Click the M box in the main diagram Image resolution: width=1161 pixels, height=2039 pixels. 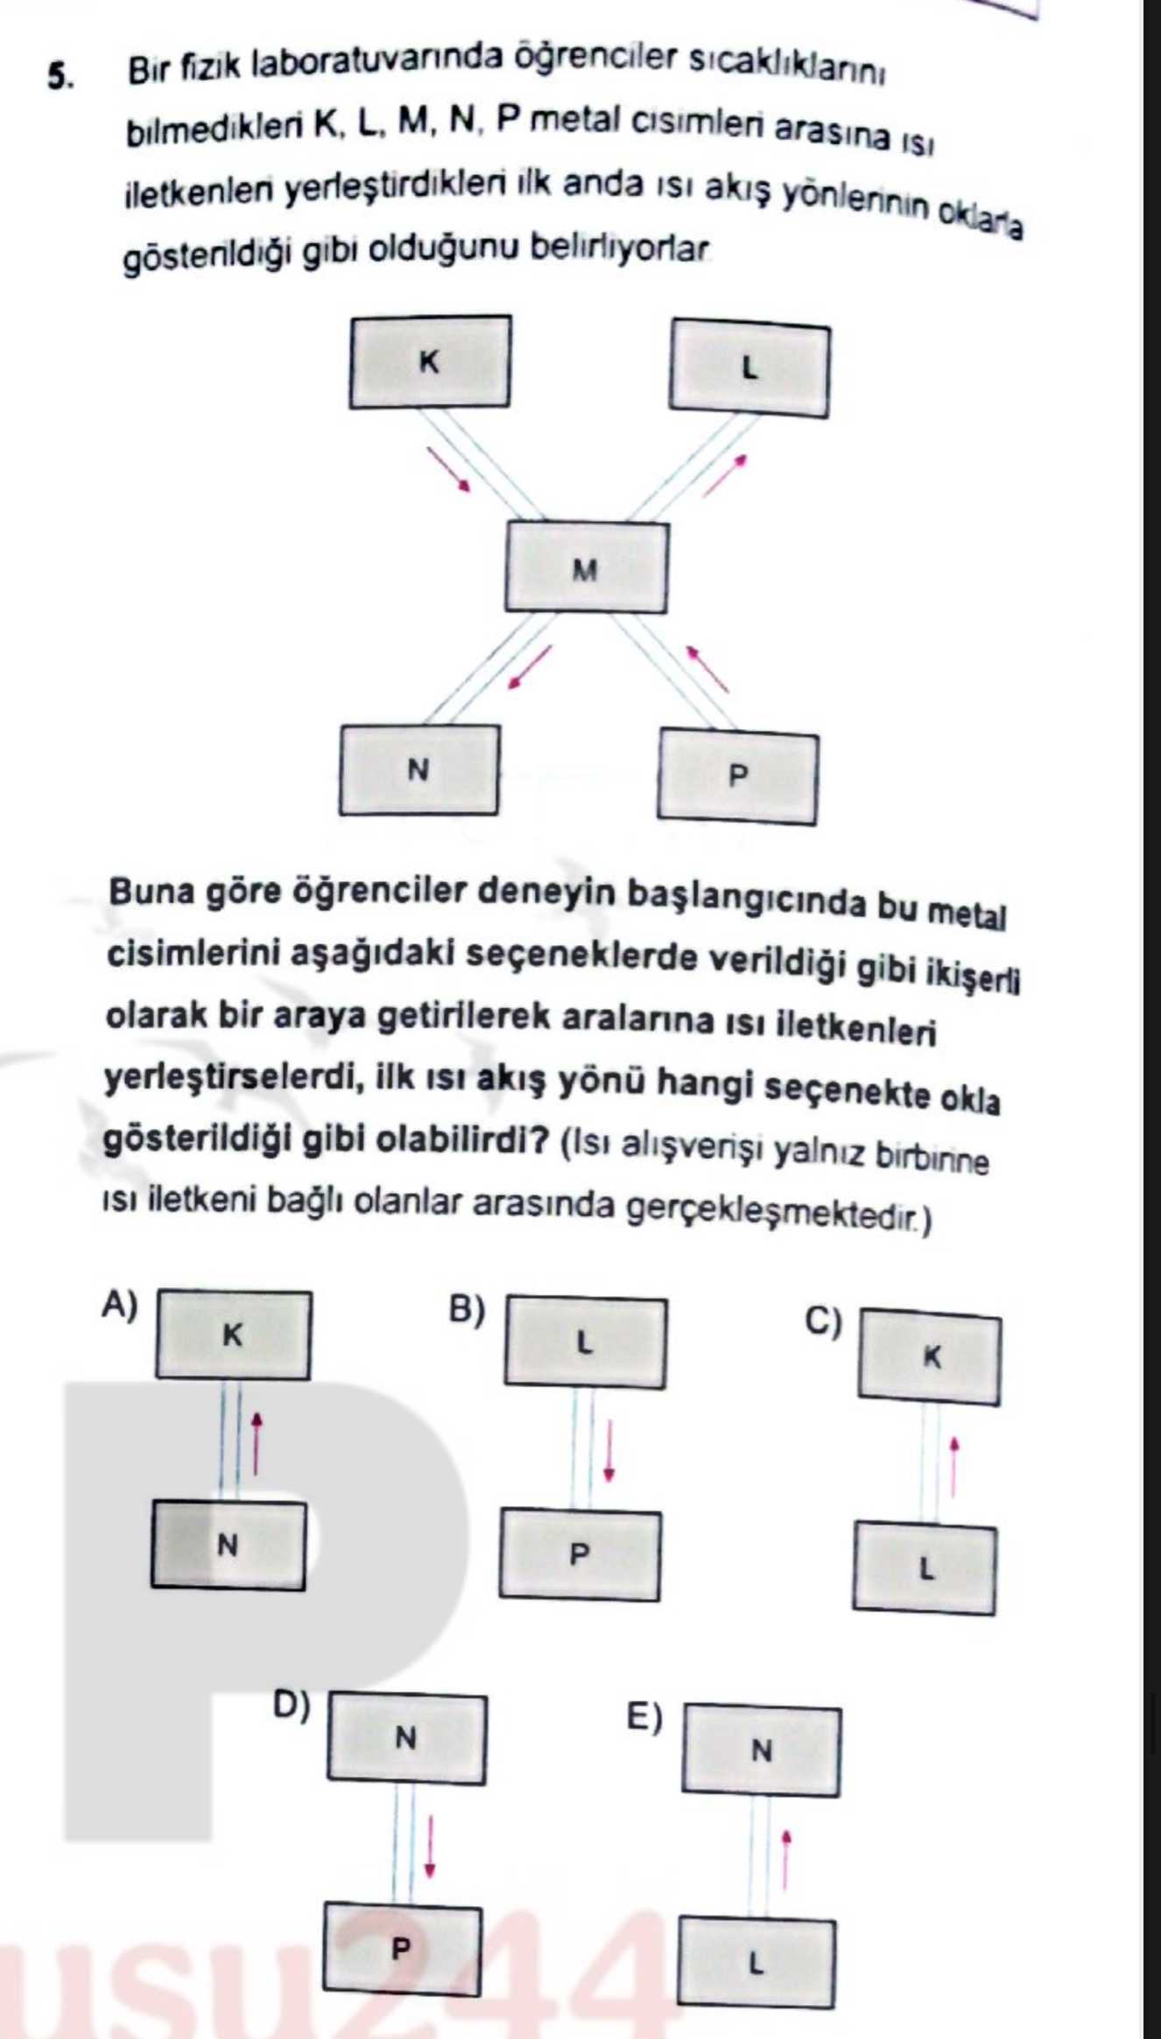pyautogui.click(x=585, y=569)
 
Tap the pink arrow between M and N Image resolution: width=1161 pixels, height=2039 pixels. pyautogui.click(x=531, y=667)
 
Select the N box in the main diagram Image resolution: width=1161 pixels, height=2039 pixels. pyautogui.click(x=419, y=770)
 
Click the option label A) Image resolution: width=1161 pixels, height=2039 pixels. pyautogui.click(x=120, y=1305)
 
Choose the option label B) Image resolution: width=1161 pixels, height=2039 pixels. pyautogui.click(x=467, y=1309)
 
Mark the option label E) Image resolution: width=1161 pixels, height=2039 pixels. pyautogui.click(x=644, y=1717)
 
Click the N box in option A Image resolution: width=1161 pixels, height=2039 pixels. pyautogui.click(x=229, y=1546)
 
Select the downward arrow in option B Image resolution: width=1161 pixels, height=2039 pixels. pyautogui.click(x=609, y=1452)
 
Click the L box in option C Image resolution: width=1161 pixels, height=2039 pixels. pyautogui.click(x=925, y=1569)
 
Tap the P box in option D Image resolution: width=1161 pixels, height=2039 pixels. pyautogui.click(x=402, y=1949)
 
